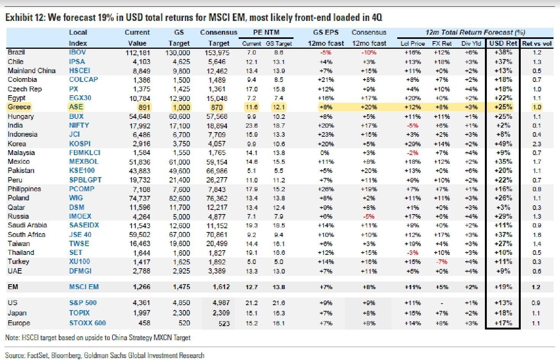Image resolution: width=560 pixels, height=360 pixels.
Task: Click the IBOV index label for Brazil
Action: (77, 52)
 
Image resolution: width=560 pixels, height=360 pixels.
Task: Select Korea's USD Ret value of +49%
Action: (503, 144)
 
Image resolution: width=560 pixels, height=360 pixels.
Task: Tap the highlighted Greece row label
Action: (19, 107)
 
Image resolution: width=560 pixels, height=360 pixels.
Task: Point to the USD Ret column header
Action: (503, 43)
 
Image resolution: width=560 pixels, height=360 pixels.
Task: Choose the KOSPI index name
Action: (80, 144)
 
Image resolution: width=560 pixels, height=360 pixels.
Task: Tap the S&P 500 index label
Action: (83, 303)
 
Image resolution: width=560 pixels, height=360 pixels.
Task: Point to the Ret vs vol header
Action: (537, 43)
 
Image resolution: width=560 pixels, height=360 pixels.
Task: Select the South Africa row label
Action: (26, 235)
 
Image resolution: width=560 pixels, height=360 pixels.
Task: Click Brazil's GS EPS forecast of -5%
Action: (326, 53)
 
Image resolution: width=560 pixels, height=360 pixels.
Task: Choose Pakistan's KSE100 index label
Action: (82, 171)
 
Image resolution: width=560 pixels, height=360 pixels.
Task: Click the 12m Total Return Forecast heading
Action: (475, 32)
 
